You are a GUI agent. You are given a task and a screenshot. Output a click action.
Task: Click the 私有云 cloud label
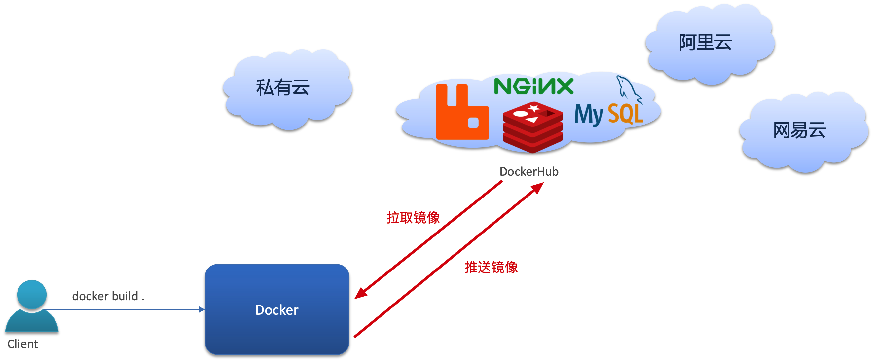pyautogui.click(x=282, y=88)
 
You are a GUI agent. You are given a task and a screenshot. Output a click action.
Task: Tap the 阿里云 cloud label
pyautogui.click(x=705, y=43)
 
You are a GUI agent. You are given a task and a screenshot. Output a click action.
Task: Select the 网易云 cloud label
pyautogui.click(x=799, y=130)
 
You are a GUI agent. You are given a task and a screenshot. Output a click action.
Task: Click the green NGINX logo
pyautogui.click(x=533, y=86)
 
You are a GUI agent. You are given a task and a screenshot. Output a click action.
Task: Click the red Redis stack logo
pyautogui.click(x=532, y=127)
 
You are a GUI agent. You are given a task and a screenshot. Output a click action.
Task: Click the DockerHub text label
pyautogui.click(x=529, y=172)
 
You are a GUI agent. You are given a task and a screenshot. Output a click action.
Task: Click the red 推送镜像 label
pyautogui.click(x=491, y=267)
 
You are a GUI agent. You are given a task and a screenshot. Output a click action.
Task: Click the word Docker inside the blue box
pyautogui.click(x=276, y=310)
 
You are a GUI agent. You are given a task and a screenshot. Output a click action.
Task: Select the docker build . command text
pyautogui.click(x=108, y=296)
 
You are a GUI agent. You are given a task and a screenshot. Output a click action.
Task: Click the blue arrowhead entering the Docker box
pyautogui.click(x=202, y=309)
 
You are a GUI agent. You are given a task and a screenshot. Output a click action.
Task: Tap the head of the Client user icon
pyautogui.click(x=32, y=294)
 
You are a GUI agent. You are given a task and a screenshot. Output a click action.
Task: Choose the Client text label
pyautogui.click(x=22, y=344)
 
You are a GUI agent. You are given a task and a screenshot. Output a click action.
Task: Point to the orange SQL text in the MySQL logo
pyautogui.click(x=625, y=114)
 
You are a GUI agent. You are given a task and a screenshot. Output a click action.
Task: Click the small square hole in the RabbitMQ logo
pyautogui.click(x=473, y=123)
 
